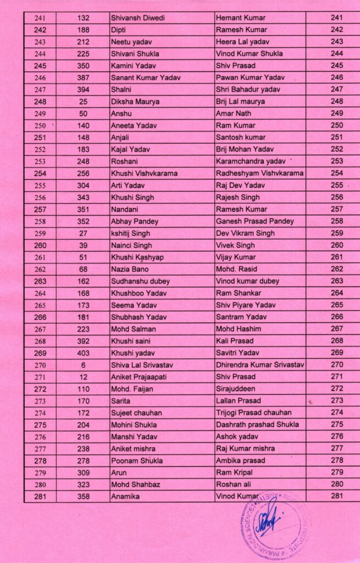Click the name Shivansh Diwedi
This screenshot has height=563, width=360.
click(137, 18)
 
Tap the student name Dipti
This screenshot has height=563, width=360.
click(120, 30)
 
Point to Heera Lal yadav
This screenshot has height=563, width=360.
click(242, 42)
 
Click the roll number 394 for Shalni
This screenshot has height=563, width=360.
click(83, 90)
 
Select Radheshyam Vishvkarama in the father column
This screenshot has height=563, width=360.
click(260, 173)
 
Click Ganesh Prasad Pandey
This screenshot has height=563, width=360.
click(255, 221)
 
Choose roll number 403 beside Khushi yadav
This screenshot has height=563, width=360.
click(83, 353)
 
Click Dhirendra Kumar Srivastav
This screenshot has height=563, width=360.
click(261, 365)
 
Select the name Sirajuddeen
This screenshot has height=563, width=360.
click(239, 389)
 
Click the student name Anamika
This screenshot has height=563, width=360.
click(125, 496)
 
